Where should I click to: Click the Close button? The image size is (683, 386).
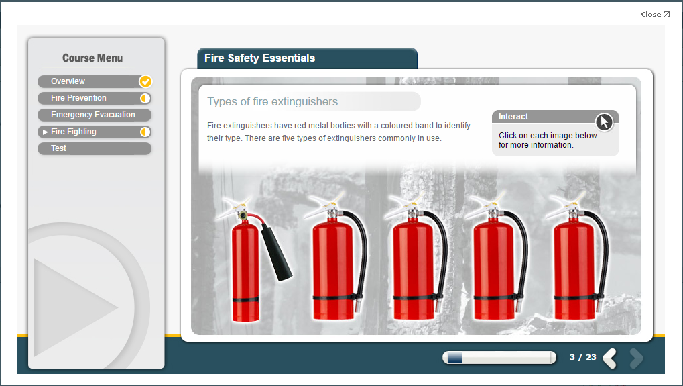click(655, 14)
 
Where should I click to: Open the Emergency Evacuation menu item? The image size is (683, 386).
click(95, 115)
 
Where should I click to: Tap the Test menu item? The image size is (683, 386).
click(95, 148)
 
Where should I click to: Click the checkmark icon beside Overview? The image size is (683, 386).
click(145, 81)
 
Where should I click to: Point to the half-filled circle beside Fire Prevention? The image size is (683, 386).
click(145, 98)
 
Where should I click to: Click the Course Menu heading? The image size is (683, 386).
click(92, 58)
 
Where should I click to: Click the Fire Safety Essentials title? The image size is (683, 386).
click(259, 58)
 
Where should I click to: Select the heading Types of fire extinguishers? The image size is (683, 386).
click(273, 101)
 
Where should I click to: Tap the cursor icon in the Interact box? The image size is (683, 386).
click(604, 122)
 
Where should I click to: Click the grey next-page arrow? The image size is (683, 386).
click(636, 358)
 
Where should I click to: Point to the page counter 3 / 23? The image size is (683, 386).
click(583, 357)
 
